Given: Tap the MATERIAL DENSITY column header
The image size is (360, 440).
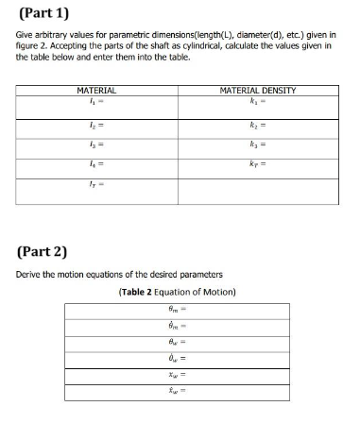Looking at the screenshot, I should (257, 91).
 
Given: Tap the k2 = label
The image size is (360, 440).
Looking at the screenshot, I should (257, 125).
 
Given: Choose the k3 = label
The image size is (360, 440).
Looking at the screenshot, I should (257, 148).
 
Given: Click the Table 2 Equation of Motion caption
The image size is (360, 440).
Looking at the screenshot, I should (179, 291).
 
